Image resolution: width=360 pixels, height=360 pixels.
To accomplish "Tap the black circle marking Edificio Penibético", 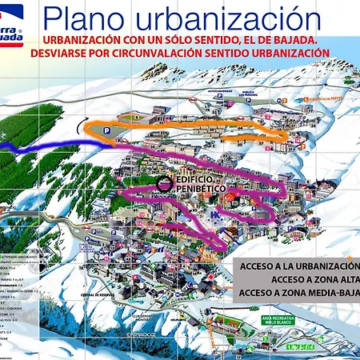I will tap(164, 183).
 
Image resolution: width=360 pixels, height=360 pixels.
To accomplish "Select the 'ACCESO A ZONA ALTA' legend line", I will tap(315, 279).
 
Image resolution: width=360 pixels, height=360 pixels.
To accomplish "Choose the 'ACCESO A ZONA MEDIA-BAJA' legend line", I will tap(299, 293).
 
